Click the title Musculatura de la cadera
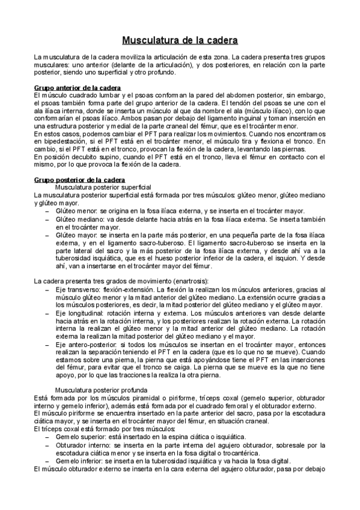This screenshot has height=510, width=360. (x=180, y=41)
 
